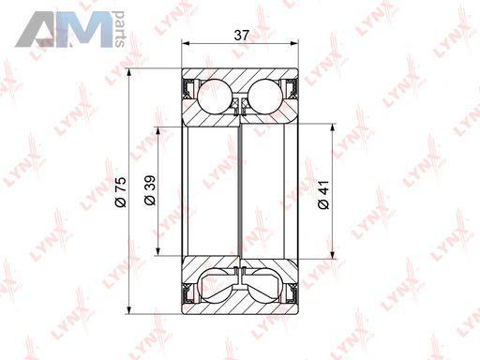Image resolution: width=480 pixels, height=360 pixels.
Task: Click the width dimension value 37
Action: click(241, 36)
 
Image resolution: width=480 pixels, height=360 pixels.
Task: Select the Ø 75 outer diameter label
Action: click(121, 192)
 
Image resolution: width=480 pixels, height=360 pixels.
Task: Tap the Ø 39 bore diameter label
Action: click(150, 190)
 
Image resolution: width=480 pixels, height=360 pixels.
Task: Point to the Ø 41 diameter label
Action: click(323, 194)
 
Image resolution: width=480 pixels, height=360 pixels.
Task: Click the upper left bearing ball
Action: click(215, 97)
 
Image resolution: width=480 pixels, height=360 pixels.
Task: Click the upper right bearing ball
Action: click(265, 97)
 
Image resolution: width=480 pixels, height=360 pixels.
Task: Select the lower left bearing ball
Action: click(215, 286)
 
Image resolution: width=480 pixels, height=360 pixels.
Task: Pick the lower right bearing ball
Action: click(265, 286)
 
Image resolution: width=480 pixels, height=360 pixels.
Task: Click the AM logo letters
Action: click(65, 29)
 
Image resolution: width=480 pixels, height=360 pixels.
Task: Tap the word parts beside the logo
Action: click(120, 29)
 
